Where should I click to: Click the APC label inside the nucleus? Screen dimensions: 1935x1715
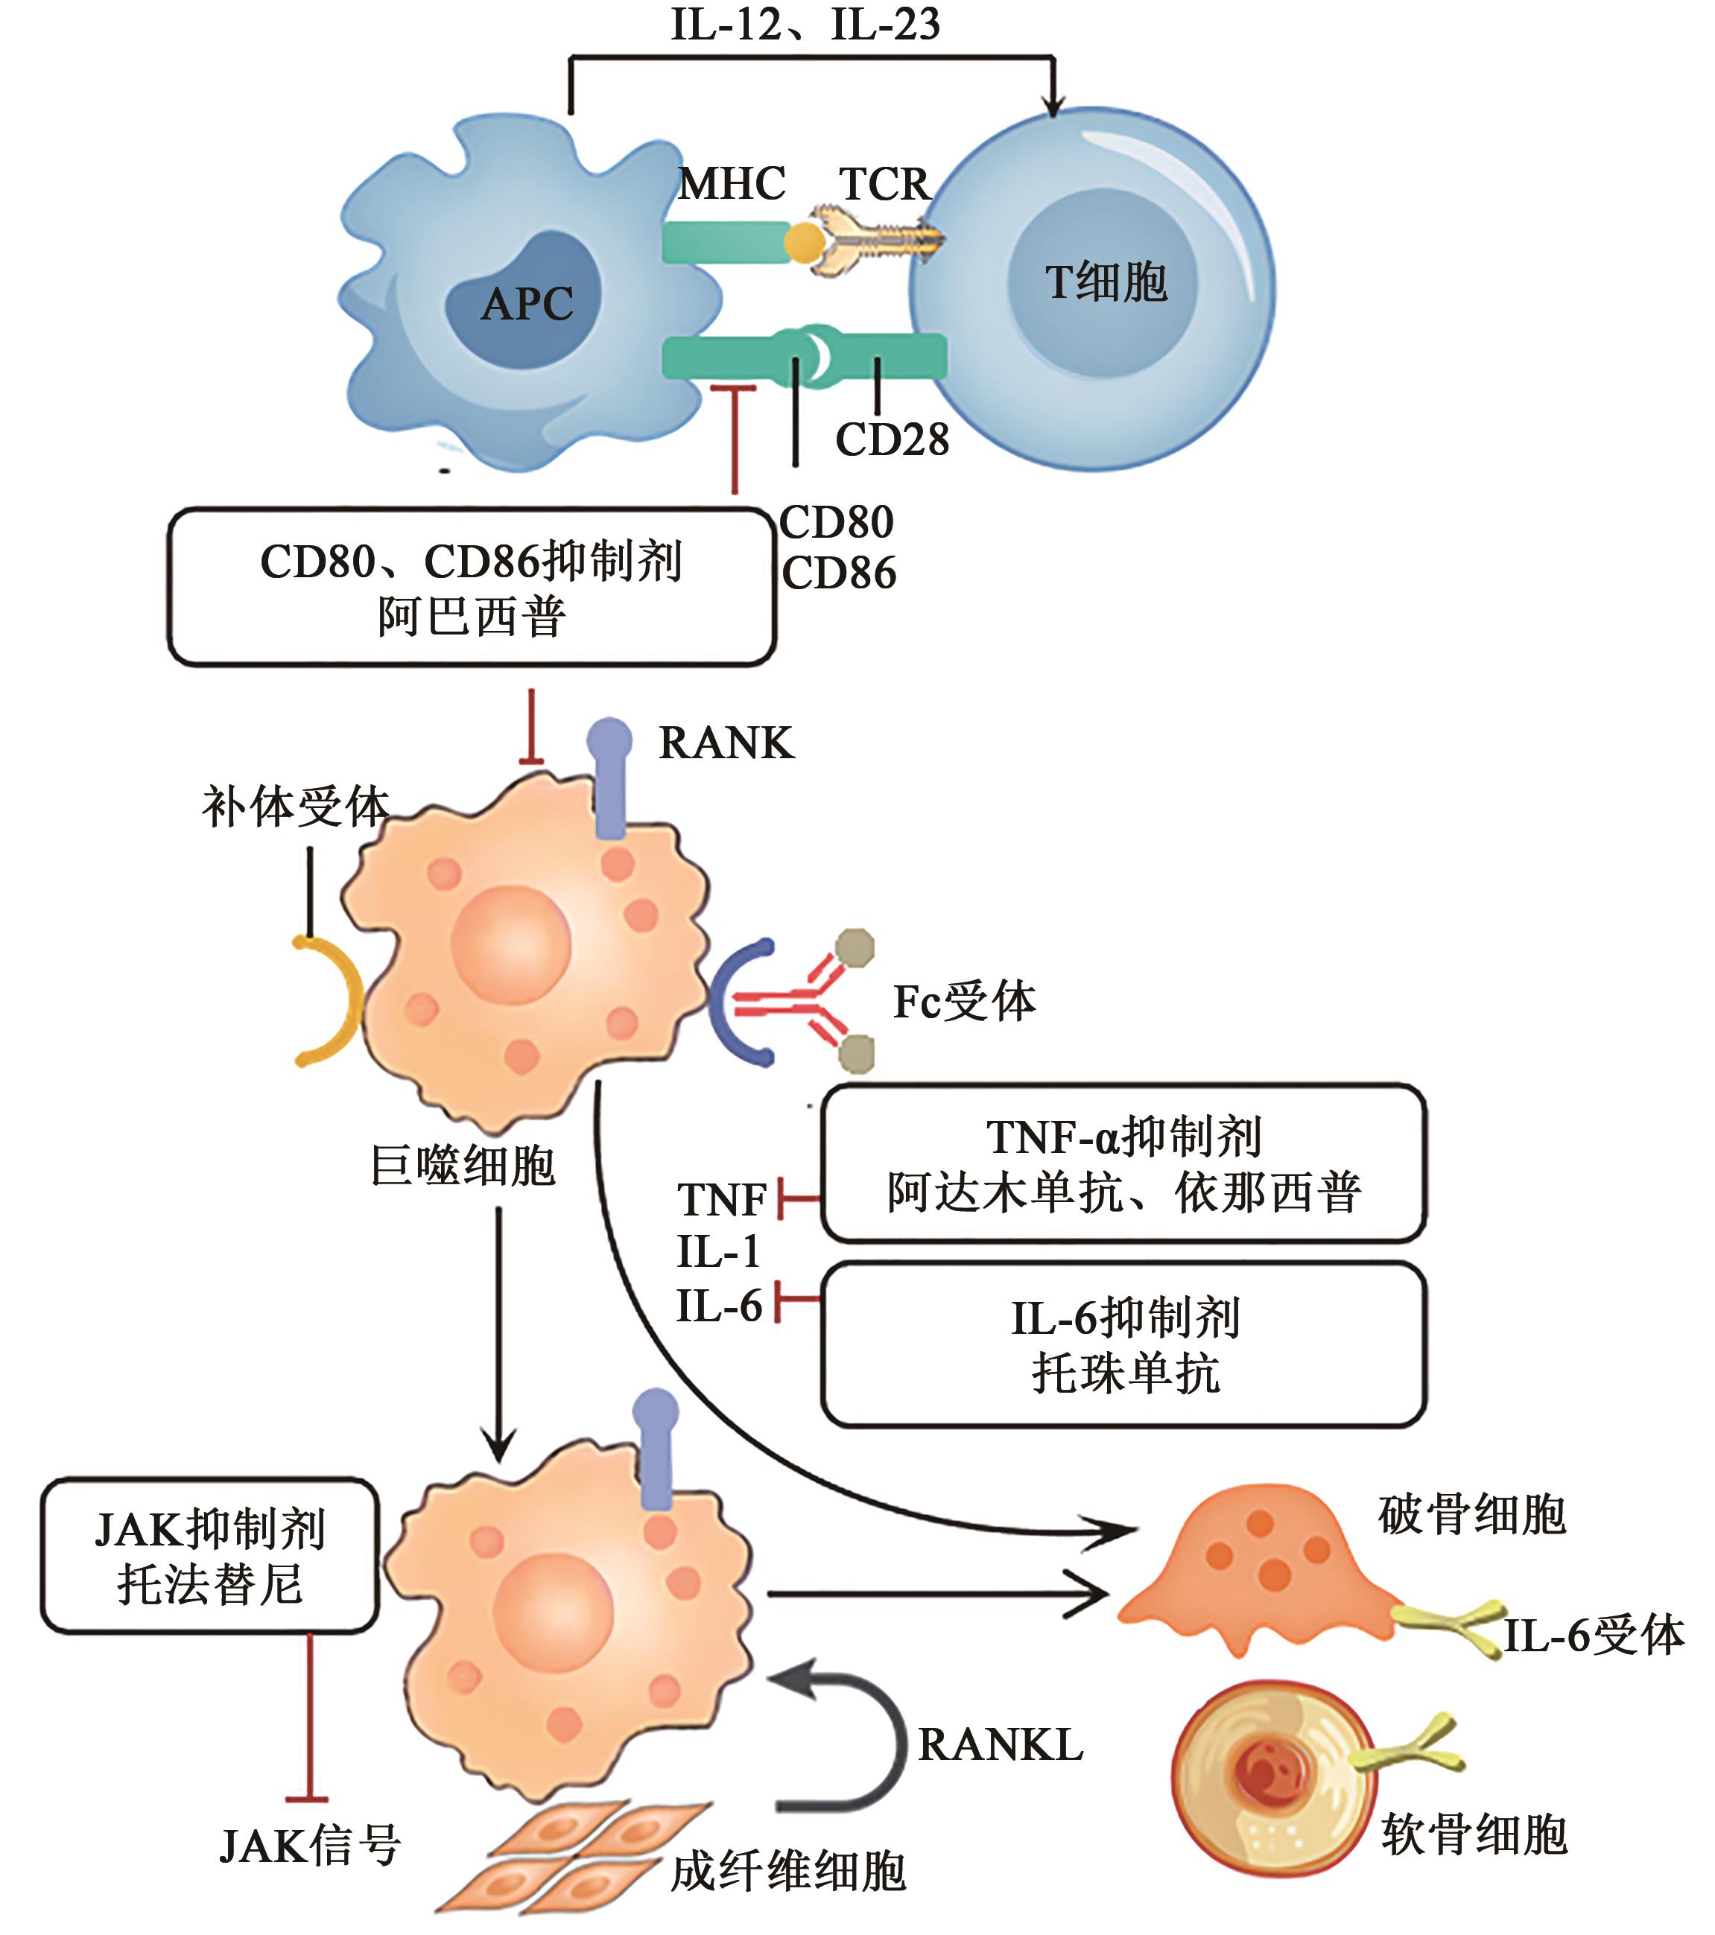(527, 304)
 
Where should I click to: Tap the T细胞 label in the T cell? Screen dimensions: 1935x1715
(1106, 282)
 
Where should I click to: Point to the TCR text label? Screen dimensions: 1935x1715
(884, 184)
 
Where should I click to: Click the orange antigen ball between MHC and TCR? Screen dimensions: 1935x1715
(804, 242)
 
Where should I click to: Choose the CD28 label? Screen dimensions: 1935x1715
(892, 440)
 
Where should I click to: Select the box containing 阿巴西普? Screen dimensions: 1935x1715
(472, 588)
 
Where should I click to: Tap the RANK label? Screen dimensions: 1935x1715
(726, 743)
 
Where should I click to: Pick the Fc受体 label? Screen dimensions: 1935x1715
(964, 1002)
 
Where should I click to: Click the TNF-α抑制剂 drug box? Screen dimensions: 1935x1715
(1123, 1163)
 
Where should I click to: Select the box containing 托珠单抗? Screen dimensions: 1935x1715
(1123, 1345)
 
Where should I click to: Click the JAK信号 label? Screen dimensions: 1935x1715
(311, 1845)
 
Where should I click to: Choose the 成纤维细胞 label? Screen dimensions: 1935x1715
(788, 1872)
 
